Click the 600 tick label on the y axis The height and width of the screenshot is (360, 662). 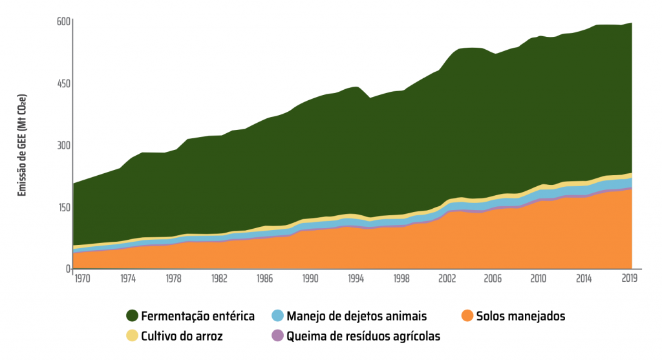(x=62, y=22)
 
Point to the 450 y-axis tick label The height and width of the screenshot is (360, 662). (x=62, y=84)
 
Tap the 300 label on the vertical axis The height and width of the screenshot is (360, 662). (x=62, y=145)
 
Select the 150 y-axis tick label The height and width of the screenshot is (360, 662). (x=62, y=207)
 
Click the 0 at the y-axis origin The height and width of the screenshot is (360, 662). (x=67, y=269)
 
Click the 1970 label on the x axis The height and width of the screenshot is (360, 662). (x=82, y=279)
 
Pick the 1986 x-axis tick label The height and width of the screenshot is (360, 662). (x=264, y=279)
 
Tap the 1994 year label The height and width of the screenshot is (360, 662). (x=356, y=279)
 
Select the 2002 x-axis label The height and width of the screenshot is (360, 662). (x=447, y=279)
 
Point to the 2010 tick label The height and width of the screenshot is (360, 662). (x=538, y=279)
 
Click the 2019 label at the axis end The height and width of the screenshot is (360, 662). (x=630, y=279)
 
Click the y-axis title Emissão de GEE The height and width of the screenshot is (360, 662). (x=22, y=145)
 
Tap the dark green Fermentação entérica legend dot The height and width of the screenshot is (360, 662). (x=132, y=316)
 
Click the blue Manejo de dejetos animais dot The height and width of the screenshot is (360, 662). (x=277, y=316)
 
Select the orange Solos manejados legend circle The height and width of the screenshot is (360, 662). (x=467, y=316)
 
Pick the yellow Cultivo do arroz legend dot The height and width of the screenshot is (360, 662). (x=132, y=335)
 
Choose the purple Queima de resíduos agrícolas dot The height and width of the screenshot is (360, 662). (x=277, y=335)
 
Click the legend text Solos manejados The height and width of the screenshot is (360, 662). (x=520, y=316)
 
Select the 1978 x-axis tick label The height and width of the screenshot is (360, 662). (x=173, y=279)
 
